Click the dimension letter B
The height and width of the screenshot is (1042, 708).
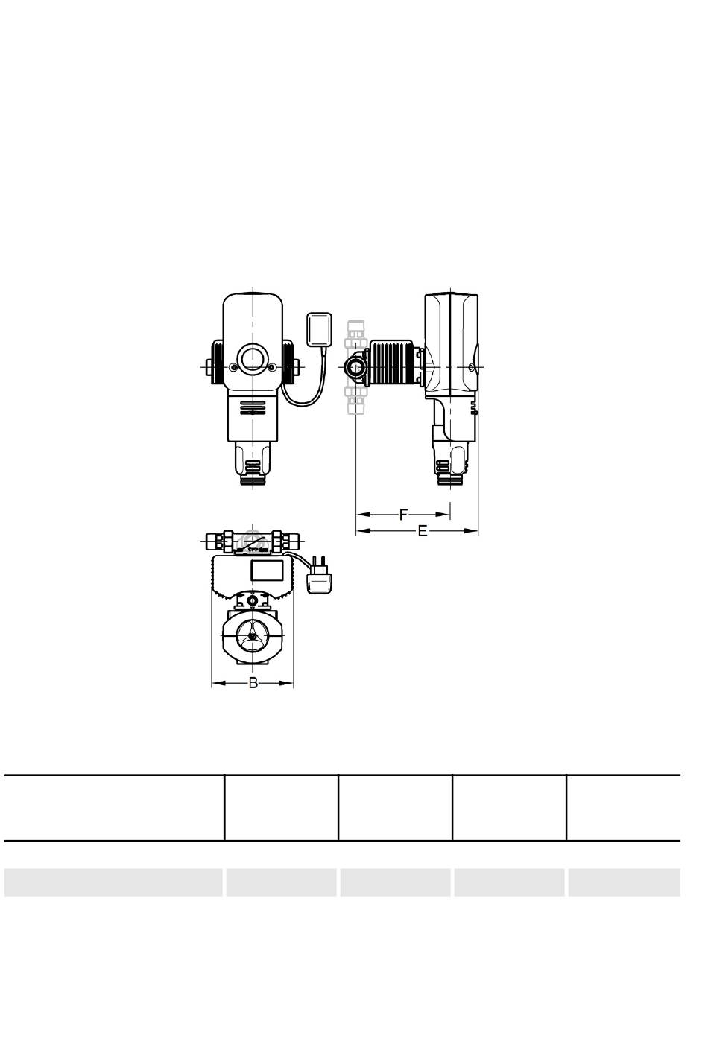coord(253,683)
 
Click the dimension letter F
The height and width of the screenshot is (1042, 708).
coord(404,515)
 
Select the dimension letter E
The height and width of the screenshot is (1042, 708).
coord(423,531)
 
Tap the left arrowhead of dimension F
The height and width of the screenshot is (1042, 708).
coord(363,515)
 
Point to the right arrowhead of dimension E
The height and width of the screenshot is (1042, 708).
coord(472,531)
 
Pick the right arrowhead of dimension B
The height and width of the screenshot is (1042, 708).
coord(287,683)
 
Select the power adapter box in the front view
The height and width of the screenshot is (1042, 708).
coord(320,330)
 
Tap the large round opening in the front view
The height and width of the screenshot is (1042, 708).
coord(253,360)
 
